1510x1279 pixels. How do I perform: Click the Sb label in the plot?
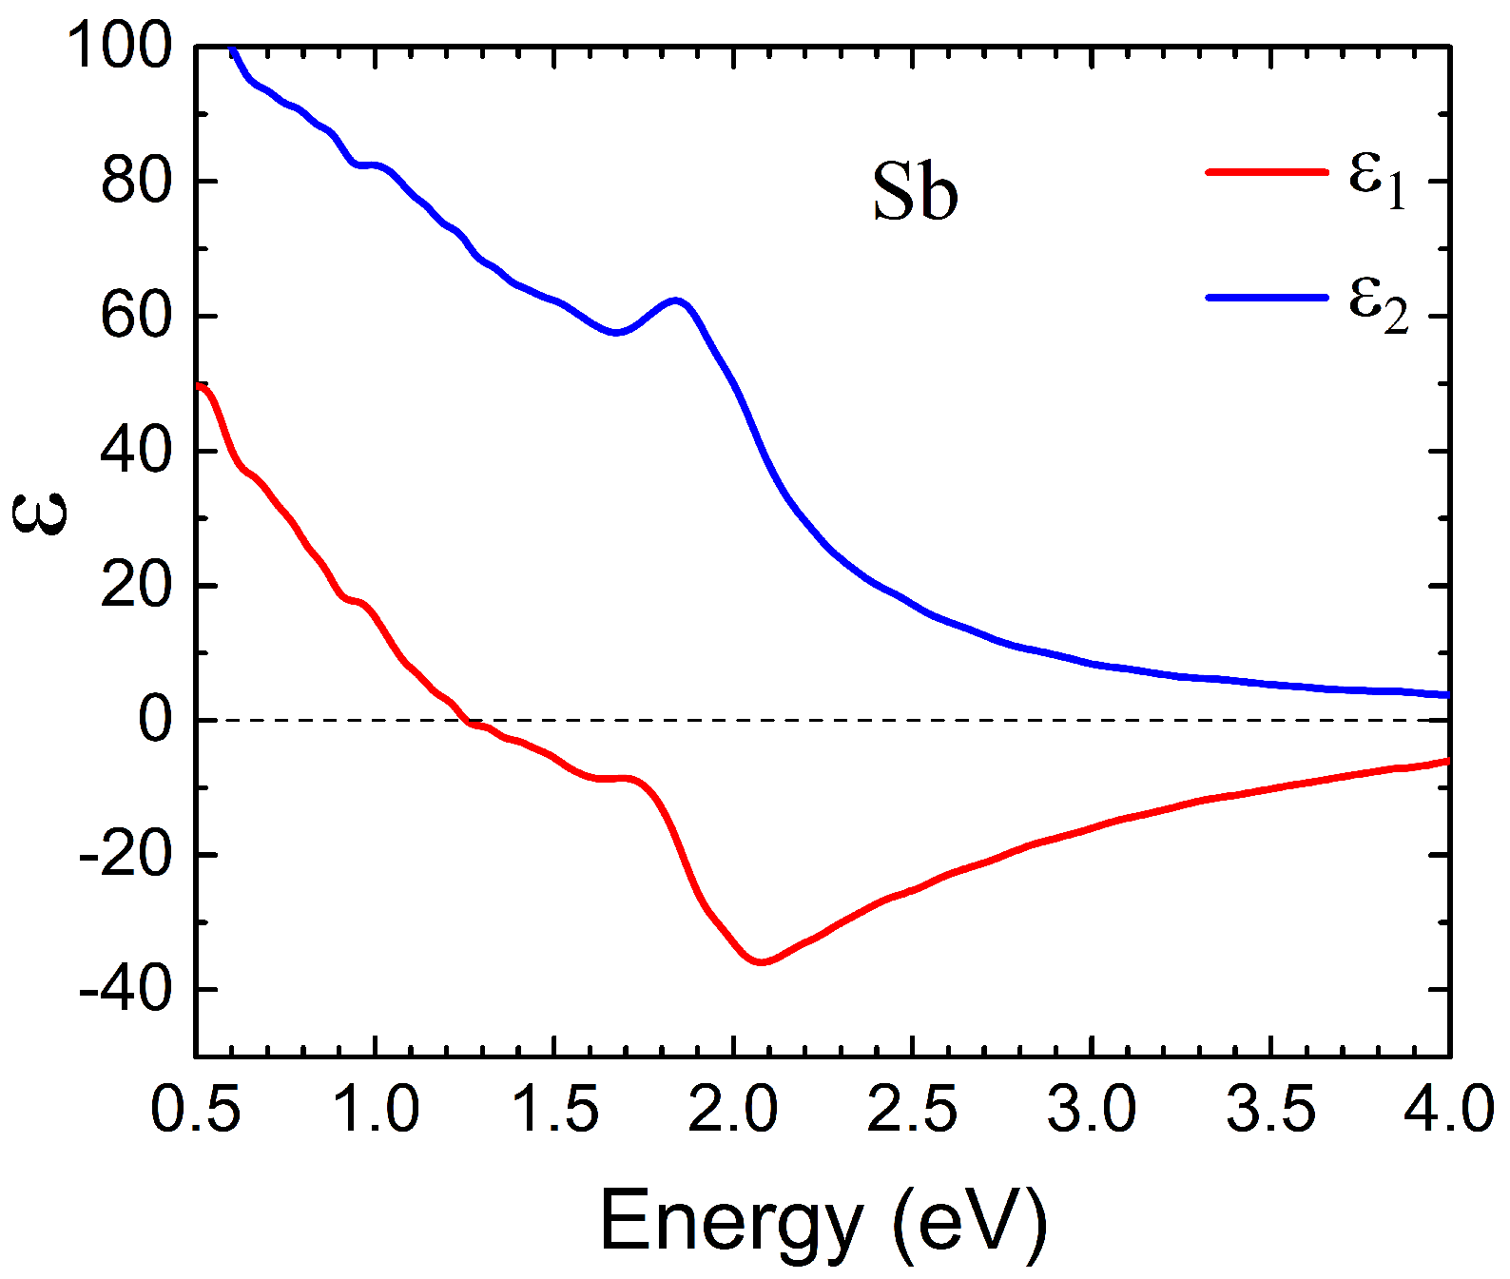pos(915,193)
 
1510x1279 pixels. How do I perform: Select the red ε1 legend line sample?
pos(1266,172)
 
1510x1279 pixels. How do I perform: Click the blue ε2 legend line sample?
pos(1266,298)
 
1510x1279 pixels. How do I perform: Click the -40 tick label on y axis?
pos(126,990)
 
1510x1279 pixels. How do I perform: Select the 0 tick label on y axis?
pos(156,720)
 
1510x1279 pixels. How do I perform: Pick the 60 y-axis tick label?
pos(136,316)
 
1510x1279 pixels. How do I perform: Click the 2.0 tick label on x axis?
pos(733,1109)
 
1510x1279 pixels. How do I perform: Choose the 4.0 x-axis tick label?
pos(1449,1109)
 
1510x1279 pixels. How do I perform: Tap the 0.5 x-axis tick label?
pos(196,1109)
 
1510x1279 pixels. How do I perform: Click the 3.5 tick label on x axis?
pos(1270,1109)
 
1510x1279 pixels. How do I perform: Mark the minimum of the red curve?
pos(761,962)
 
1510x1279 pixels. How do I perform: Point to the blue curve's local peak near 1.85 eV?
pos(676,300)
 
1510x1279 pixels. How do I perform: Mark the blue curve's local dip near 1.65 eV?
pos(616,332)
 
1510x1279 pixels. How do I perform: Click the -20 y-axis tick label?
pos(126,855)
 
